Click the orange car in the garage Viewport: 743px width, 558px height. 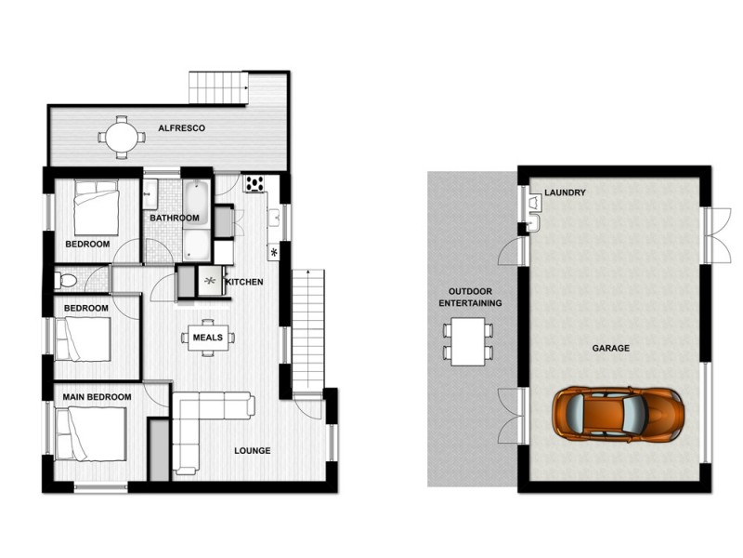(618, 415)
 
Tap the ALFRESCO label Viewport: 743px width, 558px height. (181, 128)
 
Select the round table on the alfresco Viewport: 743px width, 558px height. (122, 137)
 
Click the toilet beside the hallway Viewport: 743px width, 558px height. (65, 280)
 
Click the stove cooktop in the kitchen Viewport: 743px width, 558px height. (254, 183)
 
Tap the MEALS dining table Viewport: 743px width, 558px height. (208, 338)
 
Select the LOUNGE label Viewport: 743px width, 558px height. (253, 450)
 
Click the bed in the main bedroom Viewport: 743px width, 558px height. (90, 434)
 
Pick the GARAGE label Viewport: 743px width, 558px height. (611, 348)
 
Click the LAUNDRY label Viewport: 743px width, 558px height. (565, 193)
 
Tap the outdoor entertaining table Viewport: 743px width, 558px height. (468, 341)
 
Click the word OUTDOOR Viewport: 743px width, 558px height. (470, 291)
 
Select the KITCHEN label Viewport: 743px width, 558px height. (244, 282)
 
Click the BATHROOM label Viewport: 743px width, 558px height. (175, 218)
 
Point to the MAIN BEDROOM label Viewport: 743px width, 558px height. (98, 397)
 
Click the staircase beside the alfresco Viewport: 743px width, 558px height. (218, 87)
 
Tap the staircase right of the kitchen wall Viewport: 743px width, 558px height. (308, 331)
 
